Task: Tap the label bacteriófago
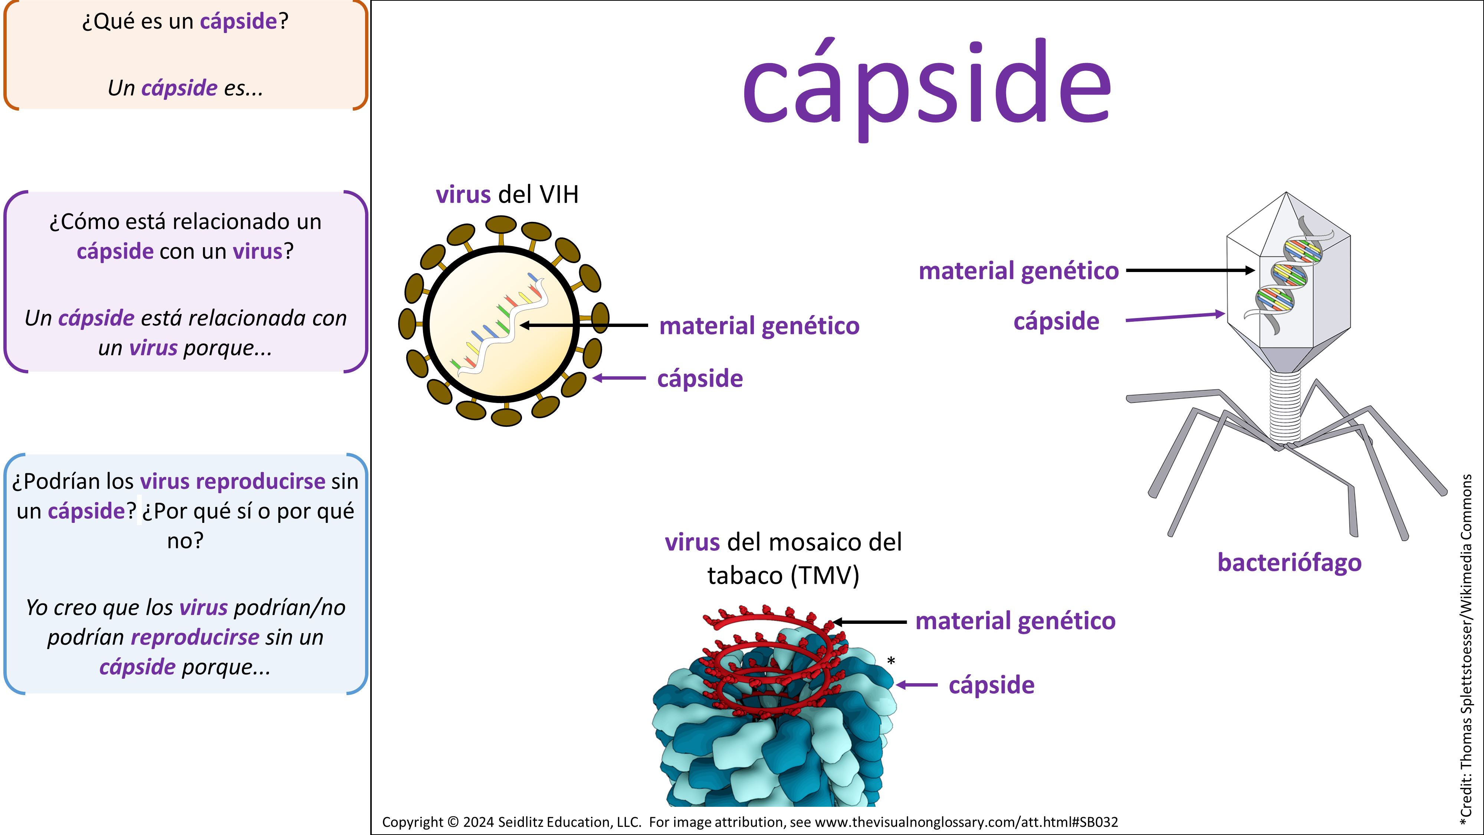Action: coord(1289,563)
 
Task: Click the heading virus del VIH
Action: coord(507,195)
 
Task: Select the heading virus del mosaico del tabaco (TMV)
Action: coord(784,559)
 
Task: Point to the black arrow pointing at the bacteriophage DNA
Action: coord(1190,270)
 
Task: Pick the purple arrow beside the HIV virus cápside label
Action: coord(619,379)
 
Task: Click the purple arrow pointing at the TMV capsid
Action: coord(917,685)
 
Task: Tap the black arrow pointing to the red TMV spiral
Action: coord(870,622)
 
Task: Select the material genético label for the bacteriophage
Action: coord(1018,271)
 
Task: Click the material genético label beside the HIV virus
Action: coord(759,326)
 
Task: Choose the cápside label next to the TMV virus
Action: coord(991,685)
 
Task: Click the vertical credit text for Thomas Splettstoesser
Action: coord(1466,645)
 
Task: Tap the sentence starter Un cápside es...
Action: coord(185,88)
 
